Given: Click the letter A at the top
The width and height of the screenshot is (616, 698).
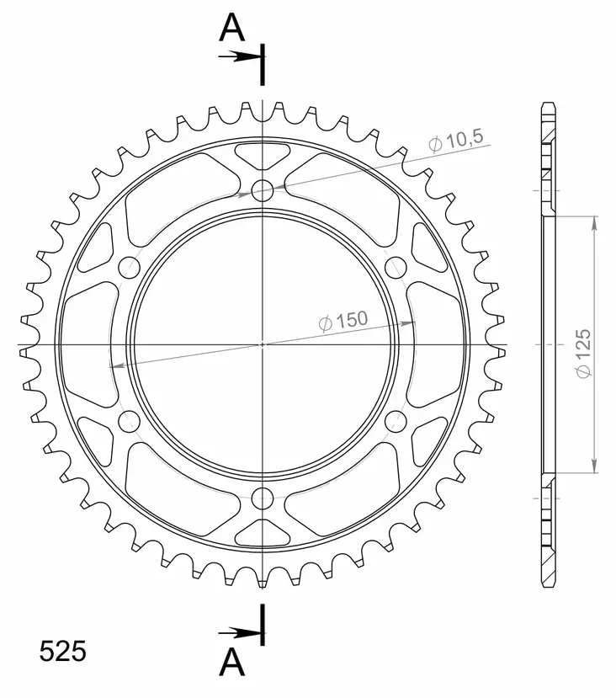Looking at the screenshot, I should click(232, 29).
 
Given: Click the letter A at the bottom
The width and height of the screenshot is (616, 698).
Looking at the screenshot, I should click(232, 663).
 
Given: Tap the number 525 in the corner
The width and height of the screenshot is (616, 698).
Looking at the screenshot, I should click(62, 652).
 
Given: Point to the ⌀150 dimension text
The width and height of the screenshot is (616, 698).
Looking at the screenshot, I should click(343, 321).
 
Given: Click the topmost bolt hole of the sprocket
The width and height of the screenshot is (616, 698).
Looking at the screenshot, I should click(263, 189).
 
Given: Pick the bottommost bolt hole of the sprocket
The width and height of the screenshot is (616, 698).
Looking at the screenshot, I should click(263, 498).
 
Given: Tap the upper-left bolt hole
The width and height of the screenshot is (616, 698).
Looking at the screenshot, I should click(129, 268).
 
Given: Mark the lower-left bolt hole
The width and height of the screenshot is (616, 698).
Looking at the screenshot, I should click(129, 421).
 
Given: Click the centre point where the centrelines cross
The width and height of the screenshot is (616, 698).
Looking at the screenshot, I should click(263, 344).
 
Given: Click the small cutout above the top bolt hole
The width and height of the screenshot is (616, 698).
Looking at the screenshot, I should click(263, 155).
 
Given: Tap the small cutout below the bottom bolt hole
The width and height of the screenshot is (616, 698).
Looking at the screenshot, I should click(263, 532).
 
